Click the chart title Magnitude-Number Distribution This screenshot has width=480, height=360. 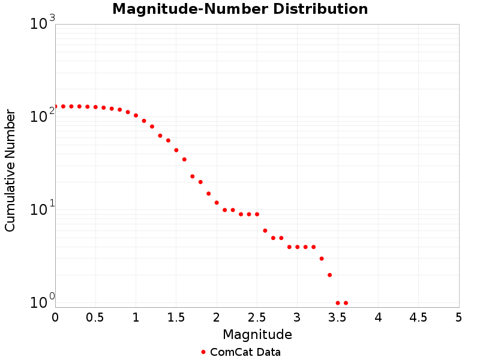(240, 9)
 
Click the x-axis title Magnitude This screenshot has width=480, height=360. (257, 334)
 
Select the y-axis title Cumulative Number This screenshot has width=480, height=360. (10, 170)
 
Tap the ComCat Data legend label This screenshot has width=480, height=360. (245, 352)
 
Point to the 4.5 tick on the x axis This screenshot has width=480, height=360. (418, 317)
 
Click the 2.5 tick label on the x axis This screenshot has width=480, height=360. (257, 317)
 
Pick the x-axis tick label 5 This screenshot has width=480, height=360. (458, 317)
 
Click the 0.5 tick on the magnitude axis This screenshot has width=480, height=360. (95, 317)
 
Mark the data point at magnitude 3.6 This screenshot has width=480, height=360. (346, 303)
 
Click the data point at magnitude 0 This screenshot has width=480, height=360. (55, 106)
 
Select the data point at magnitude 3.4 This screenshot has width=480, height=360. (329, 275)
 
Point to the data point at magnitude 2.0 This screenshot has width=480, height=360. (217, 203)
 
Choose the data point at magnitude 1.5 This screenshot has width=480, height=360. (176, 150)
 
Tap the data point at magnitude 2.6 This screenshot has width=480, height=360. (265, 230)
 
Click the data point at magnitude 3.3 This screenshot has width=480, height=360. (322, 259)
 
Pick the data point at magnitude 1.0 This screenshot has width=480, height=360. (136, 115)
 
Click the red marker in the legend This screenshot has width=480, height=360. (203, 352)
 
